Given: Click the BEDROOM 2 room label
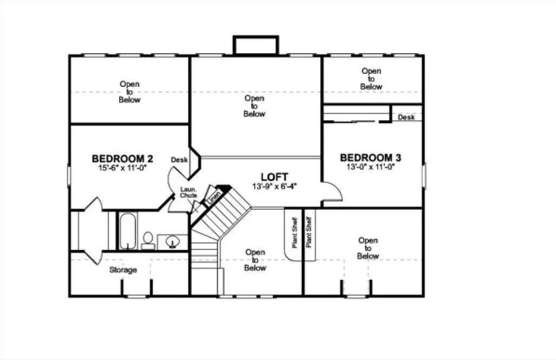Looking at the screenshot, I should (x=122, y=159).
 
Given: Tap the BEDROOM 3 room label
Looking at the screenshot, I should (x=370, y=158).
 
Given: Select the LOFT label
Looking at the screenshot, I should (x=274, y=177).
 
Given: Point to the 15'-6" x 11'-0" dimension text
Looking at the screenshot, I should (x=122, y=168).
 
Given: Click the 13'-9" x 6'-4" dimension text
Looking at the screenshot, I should (x=275, y=186).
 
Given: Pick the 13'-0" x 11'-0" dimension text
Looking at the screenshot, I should (x=370, y=167).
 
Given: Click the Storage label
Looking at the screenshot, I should (x=123, y=270).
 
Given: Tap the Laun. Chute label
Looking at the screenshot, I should (x=189, y=192).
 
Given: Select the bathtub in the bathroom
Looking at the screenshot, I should (x=128, y=232).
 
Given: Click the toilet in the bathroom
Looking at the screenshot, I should (x=147, y=240).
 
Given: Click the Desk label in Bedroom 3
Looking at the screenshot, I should (x=406, y=117).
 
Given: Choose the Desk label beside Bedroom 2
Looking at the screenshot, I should (x=179, y=160).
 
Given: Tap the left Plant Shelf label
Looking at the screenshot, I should (x=294, y=233).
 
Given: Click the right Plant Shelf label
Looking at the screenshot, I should (x=309, y=233).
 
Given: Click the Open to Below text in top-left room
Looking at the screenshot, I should (x=130, y=92).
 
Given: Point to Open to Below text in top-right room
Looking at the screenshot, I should (x=371, y=79).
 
